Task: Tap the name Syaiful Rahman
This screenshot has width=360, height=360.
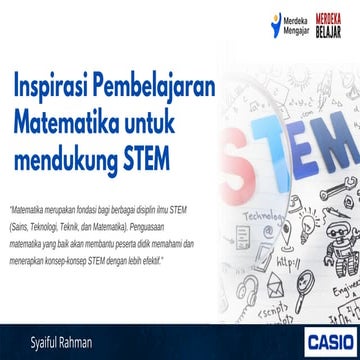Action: pyautogui.click(x=48, y=342)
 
